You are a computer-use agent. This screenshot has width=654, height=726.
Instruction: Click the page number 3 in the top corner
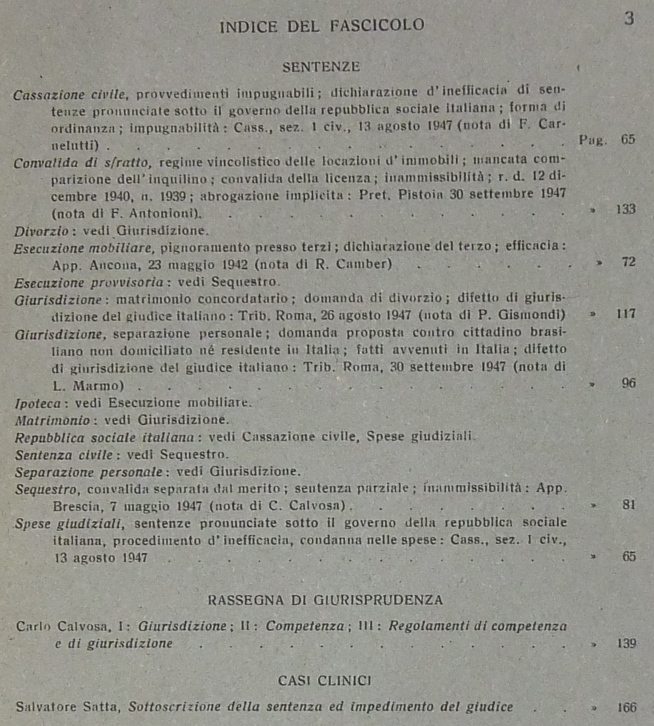(629, 19)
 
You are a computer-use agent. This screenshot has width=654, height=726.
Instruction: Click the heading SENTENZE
(321, 67)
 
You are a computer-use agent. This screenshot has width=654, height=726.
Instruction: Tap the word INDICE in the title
(248, 26)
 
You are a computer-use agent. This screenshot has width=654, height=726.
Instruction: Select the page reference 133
(625, 209)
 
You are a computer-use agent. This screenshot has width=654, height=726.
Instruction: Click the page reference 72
(629, 261)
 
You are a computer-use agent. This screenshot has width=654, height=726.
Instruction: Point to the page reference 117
(625, 313)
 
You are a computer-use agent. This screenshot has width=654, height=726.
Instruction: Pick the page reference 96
(629, 383)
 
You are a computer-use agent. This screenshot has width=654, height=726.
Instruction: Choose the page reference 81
(629, 504)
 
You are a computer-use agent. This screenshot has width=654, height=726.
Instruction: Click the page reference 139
(626, 643)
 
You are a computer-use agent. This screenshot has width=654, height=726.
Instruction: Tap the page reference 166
(626, 707)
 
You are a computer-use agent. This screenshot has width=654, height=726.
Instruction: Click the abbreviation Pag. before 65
(593, 140)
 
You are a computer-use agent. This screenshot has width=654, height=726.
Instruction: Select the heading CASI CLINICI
(324, 680)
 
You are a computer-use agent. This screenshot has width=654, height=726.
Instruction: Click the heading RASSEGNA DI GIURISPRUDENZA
(325, 600)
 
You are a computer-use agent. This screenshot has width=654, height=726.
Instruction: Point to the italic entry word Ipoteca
(38, 404)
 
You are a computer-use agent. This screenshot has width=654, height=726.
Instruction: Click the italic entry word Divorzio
(41, 231)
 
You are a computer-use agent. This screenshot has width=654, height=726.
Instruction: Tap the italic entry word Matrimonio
(52, 421)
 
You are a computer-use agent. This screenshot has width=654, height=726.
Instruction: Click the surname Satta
(108, 707)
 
